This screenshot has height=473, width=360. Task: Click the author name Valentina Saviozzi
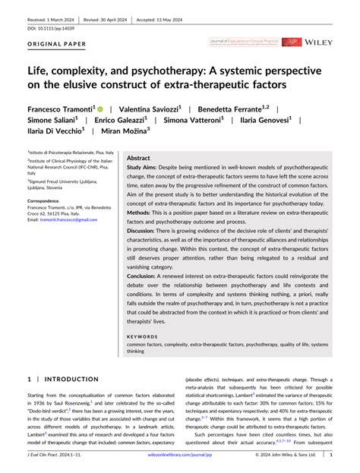151,110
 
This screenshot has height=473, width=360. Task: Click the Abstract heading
139,158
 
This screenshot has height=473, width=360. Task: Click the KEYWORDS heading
142,335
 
